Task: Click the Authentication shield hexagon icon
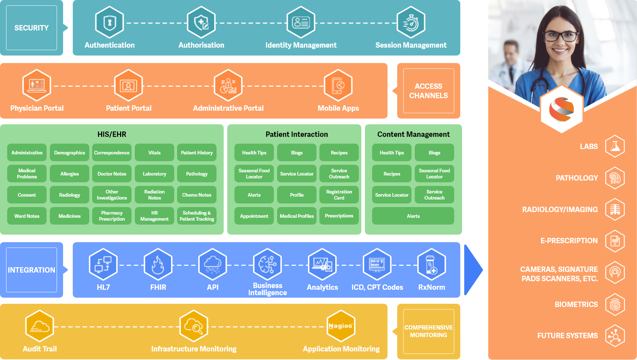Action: click(109, 22)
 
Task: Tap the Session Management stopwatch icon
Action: click(411, 22)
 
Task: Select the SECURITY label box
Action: click(32, 28)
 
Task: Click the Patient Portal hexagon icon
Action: click(128, 86)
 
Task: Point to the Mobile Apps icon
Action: click(338, 86)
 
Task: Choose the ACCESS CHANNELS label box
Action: click(428, 91)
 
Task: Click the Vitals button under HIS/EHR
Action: click(155, 153)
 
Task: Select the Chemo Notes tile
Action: click(197, 195)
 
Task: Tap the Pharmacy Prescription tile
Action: click(112, 216)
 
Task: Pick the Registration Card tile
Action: click(339, 195)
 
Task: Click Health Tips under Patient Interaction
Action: click(254, 153)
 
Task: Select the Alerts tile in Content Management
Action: click(413, 216)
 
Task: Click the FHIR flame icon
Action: click(158, 265)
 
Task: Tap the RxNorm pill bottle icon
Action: click(432, 265)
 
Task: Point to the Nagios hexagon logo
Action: click(341, 326)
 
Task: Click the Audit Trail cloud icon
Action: click(40, 326)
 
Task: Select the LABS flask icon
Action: click(615, 146)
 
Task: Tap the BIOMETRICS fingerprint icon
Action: click(615, 304)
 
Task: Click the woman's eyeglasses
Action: click(561, 36)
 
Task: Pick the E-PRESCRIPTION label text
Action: click(569, 241)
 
